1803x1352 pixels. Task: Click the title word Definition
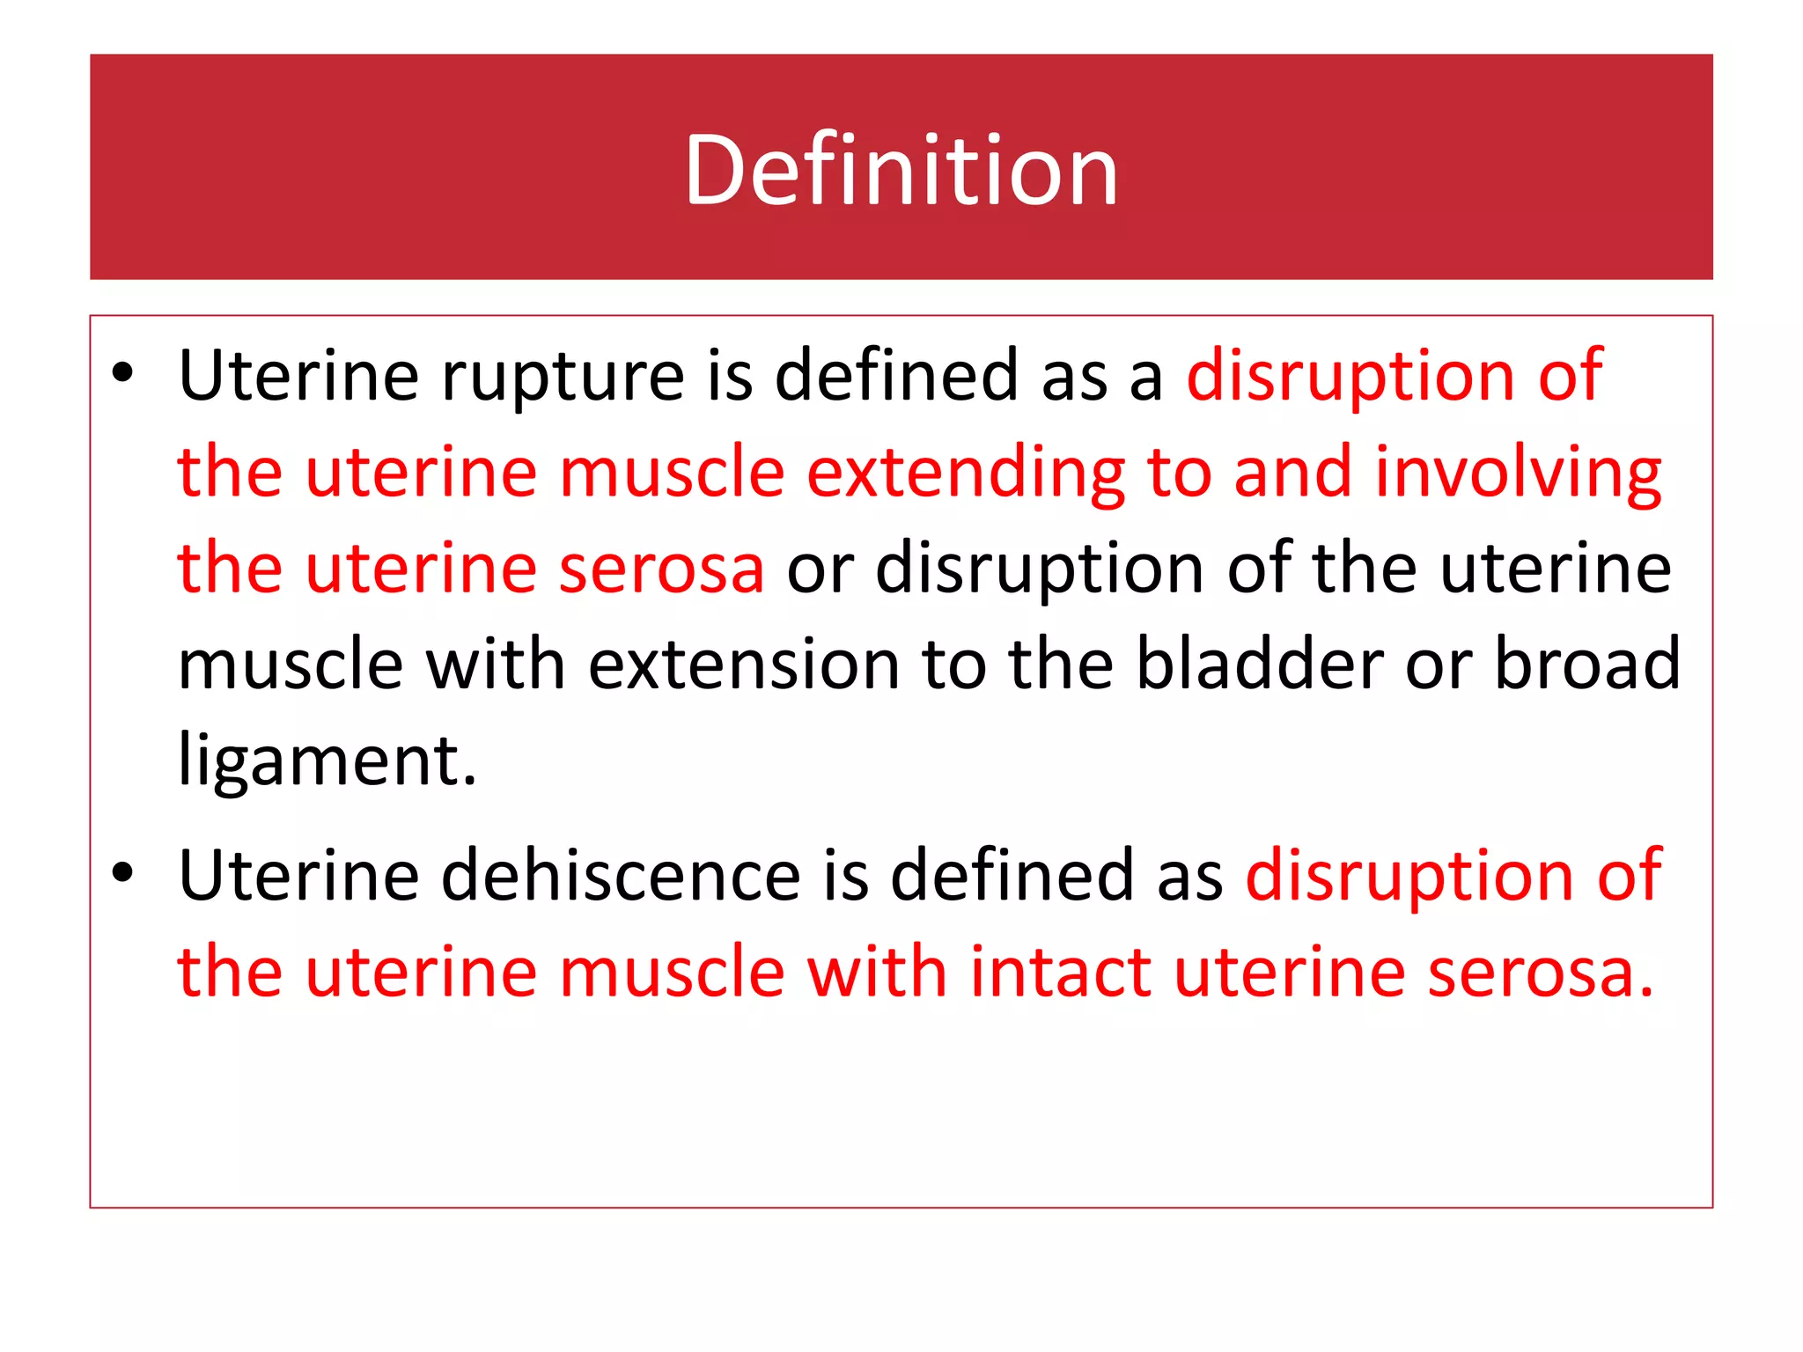point(901,169)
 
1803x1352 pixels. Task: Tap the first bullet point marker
point(122,373)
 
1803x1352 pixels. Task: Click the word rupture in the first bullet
point(562,377)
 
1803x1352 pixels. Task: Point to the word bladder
point(1259,664)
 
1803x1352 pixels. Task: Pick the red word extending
point(966,474)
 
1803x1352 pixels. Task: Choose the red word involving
point(1518,474)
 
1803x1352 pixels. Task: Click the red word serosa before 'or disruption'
point(661,569)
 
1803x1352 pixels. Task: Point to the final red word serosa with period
point(1540,972)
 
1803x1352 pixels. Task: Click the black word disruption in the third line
point(1040,569)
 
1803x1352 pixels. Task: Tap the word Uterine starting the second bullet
point(298,876)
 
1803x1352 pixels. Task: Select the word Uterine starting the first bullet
point(298,377)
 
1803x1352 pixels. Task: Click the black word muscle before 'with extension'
point(291,664)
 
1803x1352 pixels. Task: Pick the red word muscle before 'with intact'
point(672,972)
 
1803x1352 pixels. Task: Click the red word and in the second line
point(1292,474)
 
